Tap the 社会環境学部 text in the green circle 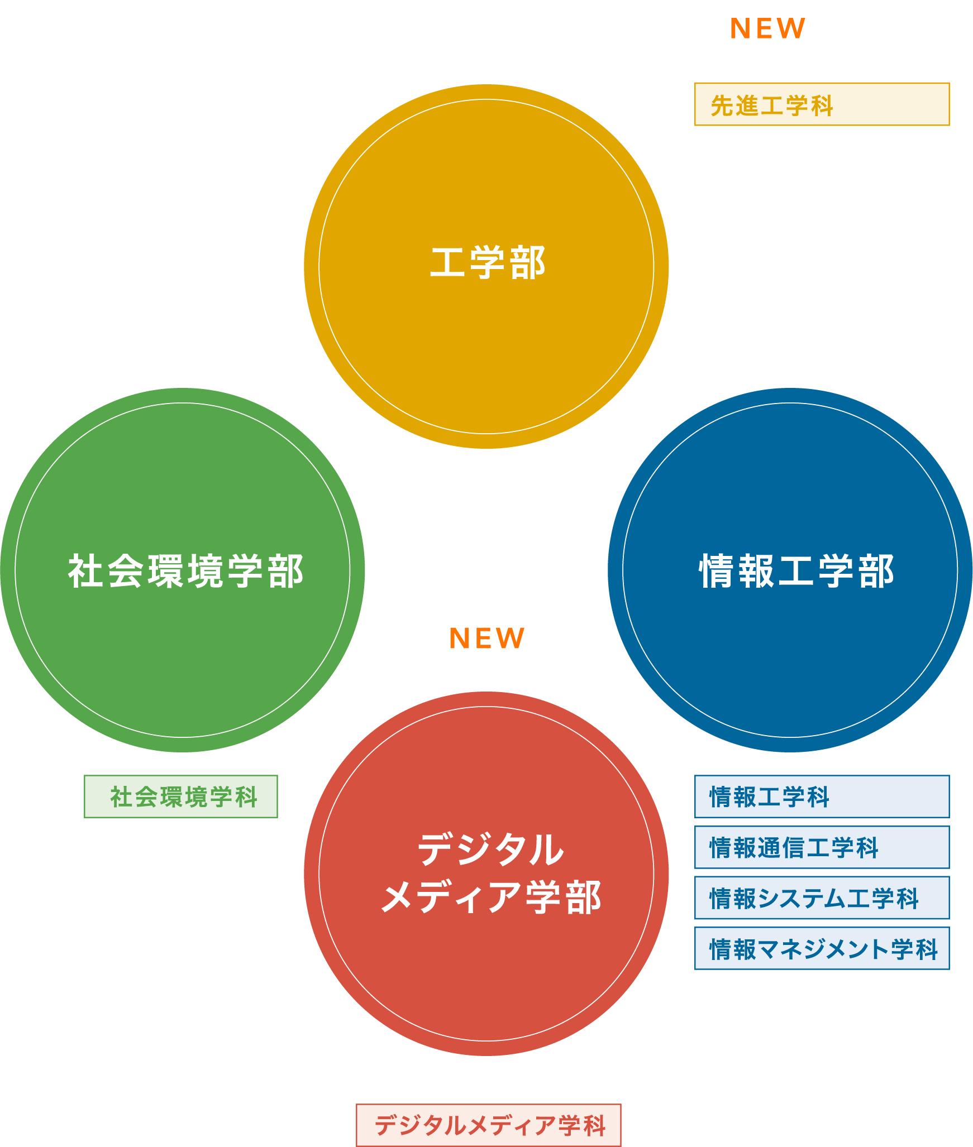[x=185, y=571]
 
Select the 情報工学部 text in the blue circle [x=796, y=571]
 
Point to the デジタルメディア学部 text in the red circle [x=490, y=874]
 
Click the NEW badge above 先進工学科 [x=766, y=28]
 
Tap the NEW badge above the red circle [x=485, y=638]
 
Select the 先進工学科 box [x=822, y=104]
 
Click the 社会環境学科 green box [x=181, y=796]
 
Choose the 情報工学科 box [x=822, y=796]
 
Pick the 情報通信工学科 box [x=822, y=847]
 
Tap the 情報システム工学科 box [x=822, y=898]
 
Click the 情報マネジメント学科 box [x=822, y=949]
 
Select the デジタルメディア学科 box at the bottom [x=489, y=1125]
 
